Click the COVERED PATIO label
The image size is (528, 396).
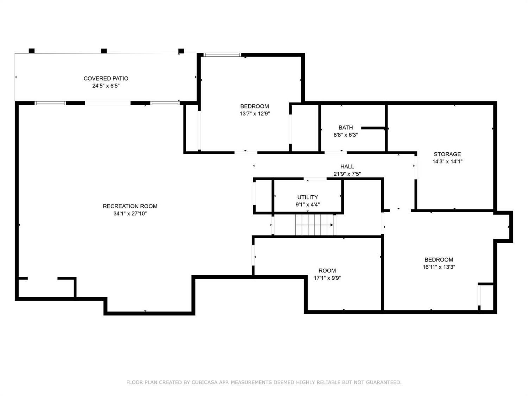tap(106, 78)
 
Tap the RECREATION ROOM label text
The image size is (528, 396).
tap(130, 206)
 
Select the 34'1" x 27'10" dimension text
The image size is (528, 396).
tap(130, 214)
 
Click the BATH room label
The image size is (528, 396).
tap(346, 127)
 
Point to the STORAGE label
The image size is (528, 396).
tap(447, 154)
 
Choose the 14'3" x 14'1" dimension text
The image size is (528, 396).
tap(447, 161)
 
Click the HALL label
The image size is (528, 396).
tap(347, 166)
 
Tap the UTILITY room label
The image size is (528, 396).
tap(308, 197)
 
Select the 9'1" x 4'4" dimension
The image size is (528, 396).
tap(308, 205)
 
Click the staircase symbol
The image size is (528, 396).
tap(314, 225)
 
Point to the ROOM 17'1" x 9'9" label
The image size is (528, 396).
tap(327, 274)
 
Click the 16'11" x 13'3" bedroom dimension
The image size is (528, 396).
tap(439, 267)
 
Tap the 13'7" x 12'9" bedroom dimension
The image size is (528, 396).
tap(254, 113)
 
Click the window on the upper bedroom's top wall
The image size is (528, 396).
tap(222, 55)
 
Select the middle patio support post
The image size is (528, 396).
tap(104, 51)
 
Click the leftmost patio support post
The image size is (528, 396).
tap(32, 51)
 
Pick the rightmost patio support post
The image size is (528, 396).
tap(181, 51)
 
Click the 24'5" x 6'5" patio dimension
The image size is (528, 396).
tap(106, 86)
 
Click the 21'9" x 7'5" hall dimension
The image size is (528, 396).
tap(347, 174)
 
